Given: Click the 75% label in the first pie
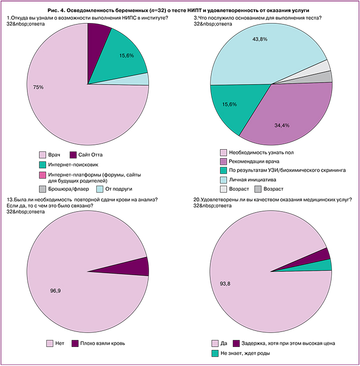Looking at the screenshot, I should coord(38,87).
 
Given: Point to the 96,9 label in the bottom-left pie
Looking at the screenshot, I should coord(56,289).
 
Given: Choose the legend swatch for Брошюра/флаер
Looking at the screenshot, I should coord(42,189).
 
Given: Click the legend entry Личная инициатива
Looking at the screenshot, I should coord(251,179).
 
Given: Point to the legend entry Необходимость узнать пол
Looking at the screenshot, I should coord(261,152).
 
